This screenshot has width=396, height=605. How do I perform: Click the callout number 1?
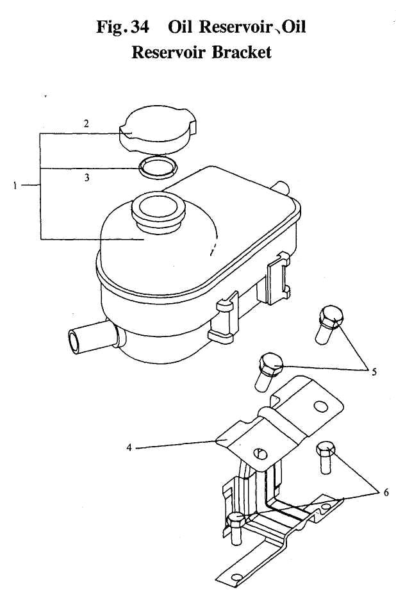coord(15,186)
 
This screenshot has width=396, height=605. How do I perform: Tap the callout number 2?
coord(87,124)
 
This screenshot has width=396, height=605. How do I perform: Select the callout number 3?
coord(87,178)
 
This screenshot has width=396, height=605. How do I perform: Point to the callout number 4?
coord(129,447)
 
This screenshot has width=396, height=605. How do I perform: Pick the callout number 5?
coord(374,372)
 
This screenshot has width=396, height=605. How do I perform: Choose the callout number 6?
coord(386,492)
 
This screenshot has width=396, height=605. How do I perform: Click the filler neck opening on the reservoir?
coord(158,207)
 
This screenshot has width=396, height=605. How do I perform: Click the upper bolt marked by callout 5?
coord(329,324)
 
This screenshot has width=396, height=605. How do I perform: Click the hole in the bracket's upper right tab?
coord(321,406)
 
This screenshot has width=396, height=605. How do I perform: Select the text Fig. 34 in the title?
coord(122,27)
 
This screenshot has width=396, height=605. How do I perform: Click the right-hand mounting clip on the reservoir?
coord(279,278)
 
